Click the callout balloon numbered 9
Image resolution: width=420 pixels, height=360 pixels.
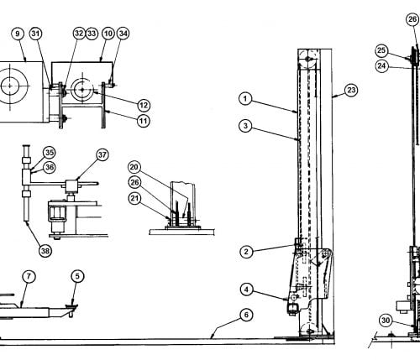18,34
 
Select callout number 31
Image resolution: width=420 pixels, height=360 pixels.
35,34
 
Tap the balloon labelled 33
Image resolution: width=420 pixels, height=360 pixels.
92,34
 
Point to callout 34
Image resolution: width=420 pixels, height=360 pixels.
123,34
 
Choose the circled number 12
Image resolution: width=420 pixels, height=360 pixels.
144,106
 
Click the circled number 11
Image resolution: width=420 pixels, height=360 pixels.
144,121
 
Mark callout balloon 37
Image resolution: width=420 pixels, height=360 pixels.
102,154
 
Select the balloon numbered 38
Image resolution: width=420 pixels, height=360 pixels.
45,251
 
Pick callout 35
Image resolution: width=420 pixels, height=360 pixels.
50,153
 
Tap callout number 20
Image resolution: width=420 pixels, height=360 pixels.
134,167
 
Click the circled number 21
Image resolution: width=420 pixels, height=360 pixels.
134,198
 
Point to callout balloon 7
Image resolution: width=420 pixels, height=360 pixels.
29,277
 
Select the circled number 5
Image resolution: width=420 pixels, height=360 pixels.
77,276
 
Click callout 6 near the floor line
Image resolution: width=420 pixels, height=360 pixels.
246,315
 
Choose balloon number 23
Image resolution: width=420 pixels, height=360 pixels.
351,91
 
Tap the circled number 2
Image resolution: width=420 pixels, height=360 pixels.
246,252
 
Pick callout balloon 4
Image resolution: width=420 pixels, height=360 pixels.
246,290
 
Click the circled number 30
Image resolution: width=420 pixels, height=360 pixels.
386,321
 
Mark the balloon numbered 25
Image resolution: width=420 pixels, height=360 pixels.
381,50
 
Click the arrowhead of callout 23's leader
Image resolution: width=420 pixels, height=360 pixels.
333,97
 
